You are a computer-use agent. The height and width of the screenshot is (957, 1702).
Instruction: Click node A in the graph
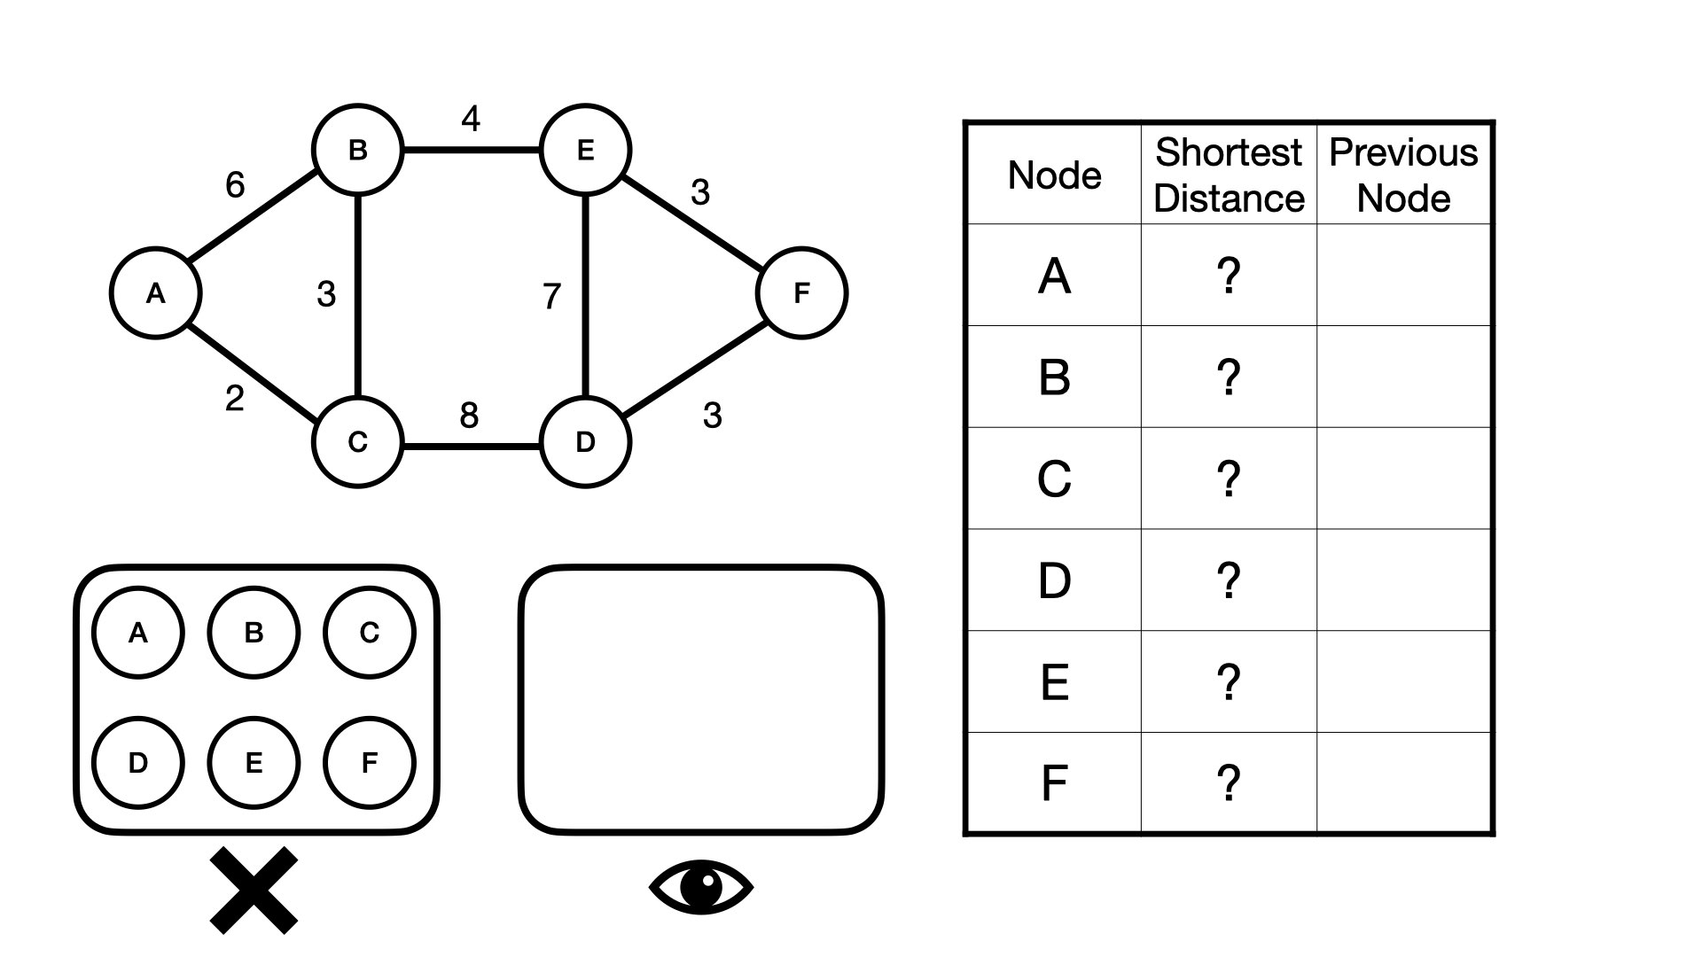pos(155,292)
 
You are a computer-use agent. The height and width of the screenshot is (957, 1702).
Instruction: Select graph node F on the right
pos(801,292)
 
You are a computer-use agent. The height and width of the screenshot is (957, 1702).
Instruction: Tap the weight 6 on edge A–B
pos(235,185)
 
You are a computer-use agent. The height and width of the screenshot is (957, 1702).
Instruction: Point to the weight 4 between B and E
pos(471,118)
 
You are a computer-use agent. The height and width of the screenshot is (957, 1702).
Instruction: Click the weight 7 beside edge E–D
pos(551,296)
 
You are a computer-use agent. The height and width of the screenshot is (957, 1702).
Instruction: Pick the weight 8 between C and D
pos(469,415)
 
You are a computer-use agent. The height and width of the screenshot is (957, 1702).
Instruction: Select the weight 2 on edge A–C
pos(234,399)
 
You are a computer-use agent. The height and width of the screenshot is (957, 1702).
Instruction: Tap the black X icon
pos(254,890)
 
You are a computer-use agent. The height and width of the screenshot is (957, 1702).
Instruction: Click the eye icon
pos(701,887)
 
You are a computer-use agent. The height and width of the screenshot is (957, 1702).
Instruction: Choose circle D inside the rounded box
pos(137,763)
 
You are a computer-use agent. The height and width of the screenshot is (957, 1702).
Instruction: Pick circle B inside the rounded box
pos(254,633)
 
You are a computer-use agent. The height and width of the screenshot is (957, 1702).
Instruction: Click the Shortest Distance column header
pos(1229,175)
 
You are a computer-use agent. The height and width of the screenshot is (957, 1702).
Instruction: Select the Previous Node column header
pos(1404,175)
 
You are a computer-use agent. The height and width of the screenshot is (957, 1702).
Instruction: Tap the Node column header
pos(1054,175)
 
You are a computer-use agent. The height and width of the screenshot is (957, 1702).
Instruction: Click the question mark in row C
pos(1229,478)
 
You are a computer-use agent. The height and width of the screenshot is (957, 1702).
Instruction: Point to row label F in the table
pos(1054,783)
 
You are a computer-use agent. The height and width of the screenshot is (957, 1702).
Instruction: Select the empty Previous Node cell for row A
pos(1404,275)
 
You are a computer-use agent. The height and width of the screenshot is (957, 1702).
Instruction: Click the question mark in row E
pos(1229,682)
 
